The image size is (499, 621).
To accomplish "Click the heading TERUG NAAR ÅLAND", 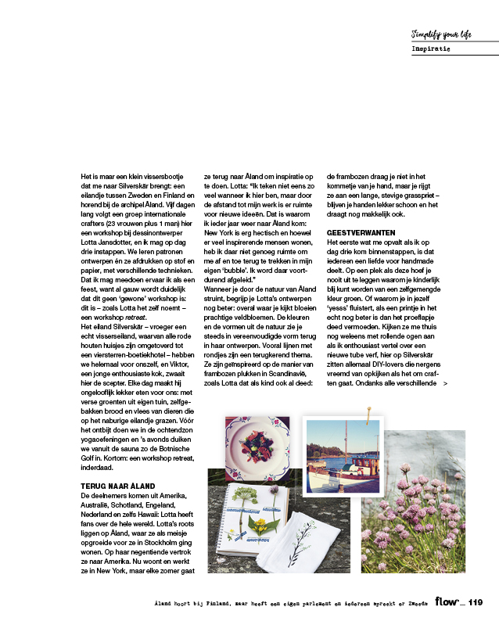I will (x=118, y=486).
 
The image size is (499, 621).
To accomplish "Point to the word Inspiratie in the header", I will (x=430, y=48).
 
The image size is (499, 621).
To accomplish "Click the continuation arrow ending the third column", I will (x=445, y=384).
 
